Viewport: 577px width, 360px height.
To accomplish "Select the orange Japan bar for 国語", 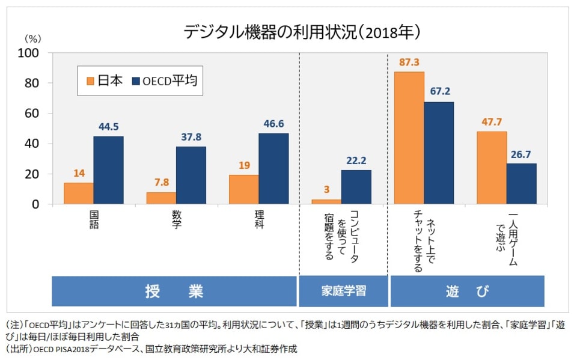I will (x=78, y=194).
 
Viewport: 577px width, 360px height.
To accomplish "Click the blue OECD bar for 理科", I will (x=273, y=169).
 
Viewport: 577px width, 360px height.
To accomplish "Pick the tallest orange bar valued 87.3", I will (x=409, y=138).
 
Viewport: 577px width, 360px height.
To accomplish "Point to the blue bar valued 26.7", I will (x=521, y=184).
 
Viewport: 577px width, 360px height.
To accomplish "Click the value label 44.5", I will (x=108, y=127).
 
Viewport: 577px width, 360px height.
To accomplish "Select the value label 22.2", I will (x=356, y=160).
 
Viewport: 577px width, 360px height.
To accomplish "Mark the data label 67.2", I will (x=439, y=92).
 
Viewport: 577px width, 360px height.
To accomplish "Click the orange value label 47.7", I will (x=492, y=121).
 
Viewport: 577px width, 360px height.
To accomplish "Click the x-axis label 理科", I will (x=259, y=220).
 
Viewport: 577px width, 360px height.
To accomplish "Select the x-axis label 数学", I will (x=176, y=220).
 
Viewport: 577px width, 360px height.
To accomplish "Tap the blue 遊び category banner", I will (x=467, y=291).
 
